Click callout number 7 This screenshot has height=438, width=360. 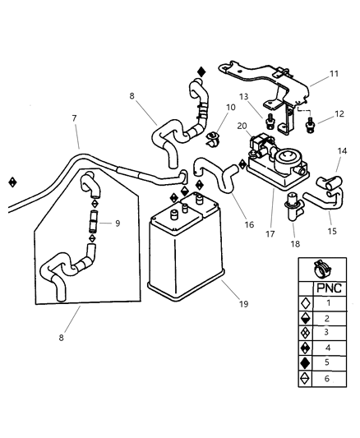(74, 119)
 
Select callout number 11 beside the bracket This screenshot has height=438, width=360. (334, 74)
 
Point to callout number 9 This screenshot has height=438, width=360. (118, 223)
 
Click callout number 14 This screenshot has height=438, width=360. (343, 151)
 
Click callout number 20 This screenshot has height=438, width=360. (242, 126)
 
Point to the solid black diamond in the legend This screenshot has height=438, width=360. (306, 360)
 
